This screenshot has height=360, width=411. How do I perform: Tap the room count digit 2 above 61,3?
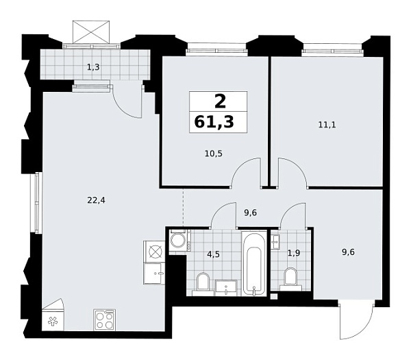click(219, 102)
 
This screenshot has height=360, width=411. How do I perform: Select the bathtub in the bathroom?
click(253, 264)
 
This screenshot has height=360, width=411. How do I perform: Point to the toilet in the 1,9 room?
click(290, 278)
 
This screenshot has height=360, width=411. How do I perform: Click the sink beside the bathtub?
click(227, 287)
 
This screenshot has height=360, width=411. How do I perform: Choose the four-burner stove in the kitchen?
click(104, 320)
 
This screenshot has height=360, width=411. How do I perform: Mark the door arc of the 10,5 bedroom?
click(246, 171)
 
